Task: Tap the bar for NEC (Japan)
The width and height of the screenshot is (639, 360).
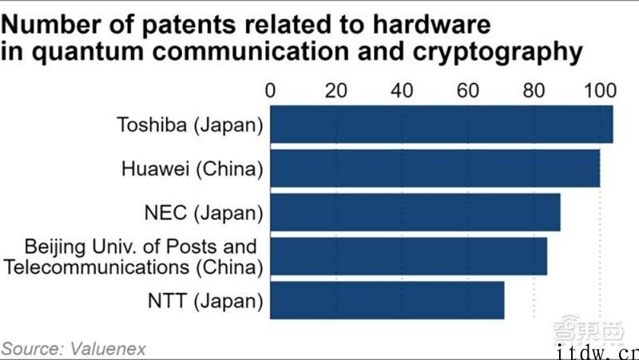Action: click(x=415, y=212)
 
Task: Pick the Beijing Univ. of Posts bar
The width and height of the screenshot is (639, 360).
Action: click(x=408, y=255)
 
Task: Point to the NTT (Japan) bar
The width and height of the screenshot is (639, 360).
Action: click(x=387, y=299)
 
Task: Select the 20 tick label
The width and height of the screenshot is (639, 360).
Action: click(x=335, y=90)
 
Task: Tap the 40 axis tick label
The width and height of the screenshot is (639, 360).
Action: click(x=401, y=90)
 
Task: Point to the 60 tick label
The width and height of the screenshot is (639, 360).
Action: click(x=467, y=90)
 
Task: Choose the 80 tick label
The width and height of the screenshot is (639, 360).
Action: click(x=533, y=90)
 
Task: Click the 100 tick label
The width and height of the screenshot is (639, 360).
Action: click(x=599, y=90)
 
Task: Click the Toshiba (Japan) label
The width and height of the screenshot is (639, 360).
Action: click(x=189, y=125)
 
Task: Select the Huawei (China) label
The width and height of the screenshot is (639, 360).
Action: click(x=192, y=168)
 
